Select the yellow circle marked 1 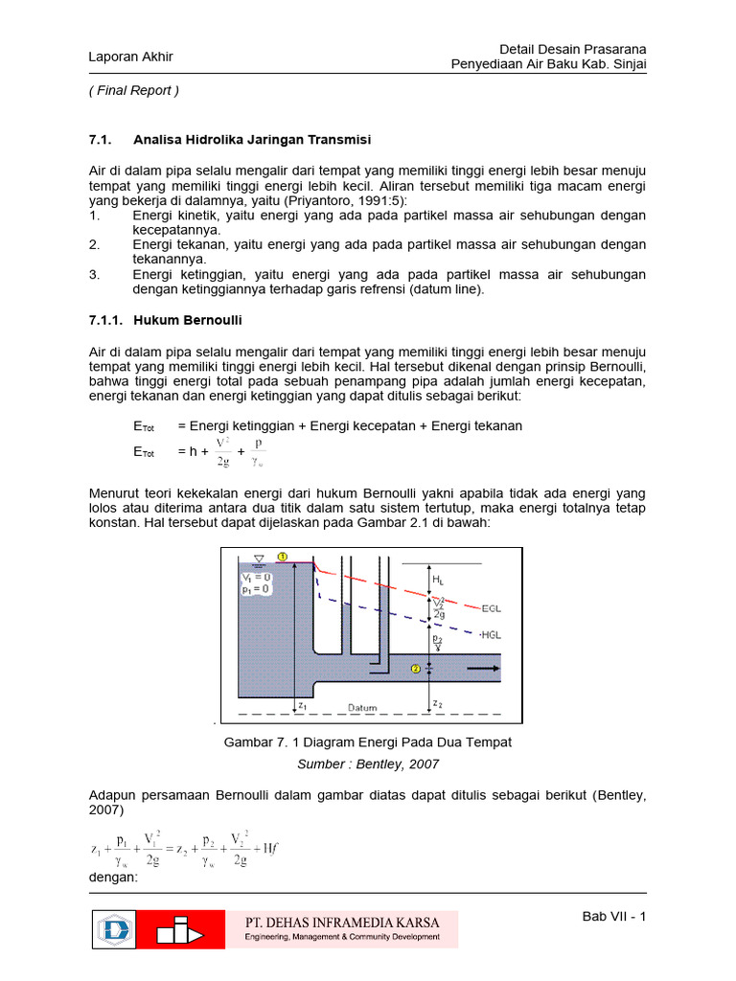click(x=281, y=557)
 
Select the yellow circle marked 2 click(x=416, y=668)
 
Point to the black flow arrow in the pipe click(x=487, y=668)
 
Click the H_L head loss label click(x=438, y=580)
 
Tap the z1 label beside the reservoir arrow click(x=301, y=704)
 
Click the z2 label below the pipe click(x=438, y=704)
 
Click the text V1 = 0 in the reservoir click(x=256, y=578)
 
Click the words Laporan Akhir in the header click(x=130, y=57)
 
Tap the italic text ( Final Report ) click(x=133, y=91)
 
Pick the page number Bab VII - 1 click(x=614, y=917)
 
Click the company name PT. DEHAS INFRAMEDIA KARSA click(x=337, y=923)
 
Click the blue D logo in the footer click(x=114, y=930)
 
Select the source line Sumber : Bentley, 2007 click(x=367, y=764)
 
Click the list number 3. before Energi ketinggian click(x=94, y=275)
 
